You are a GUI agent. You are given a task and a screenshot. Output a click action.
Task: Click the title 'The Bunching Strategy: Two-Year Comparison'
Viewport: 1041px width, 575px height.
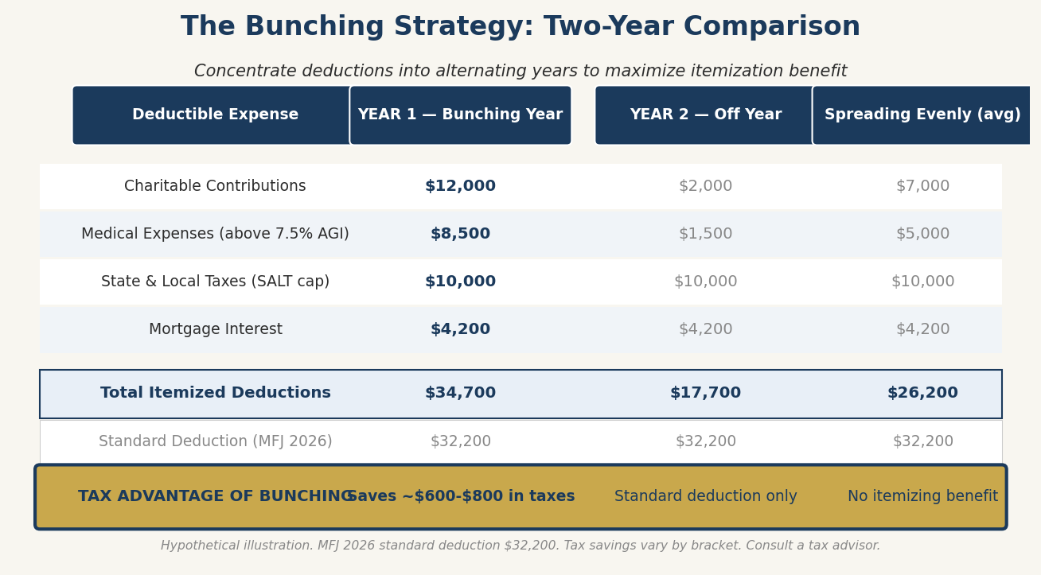click(520, 27)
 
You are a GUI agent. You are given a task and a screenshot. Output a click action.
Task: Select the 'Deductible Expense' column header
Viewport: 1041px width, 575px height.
click(215, 115)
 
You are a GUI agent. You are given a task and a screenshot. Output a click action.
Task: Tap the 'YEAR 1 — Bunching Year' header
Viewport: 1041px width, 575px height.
click(460, 115)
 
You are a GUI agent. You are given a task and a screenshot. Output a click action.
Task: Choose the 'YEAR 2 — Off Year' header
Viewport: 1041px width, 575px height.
click(705, 115)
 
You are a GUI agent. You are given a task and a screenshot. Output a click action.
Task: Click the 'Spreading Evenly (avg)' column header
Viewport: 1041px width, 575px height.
click(922, 115)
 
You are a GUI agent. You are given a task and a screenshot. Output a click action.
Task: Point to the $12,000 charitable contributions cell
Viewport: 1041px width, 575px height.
click(460, 186)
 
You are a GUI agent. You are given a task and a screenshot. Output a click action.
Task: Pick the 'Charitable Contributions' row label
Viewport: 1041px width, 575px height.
click(215, 186)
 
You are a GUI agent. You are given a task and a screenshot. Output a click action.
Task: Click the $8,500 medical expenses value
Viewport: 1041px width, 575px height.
click(460, 234)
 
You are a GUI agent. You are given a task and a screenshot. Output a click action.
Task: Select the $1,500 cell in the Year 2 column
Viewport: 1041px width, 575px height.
click(705, 234)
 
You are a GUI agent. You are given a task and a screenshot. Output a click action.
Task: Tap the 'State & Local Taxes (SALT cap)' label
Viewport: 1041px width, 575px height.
click(215, 282)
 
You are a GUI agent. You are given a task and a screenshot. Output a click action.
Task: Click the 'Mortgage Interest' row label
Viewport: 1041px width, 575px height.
click(215, 329)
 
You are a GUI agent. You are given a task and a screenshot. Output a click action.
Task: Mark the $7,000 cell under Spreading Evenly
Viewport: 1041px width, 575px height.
click(922, 186)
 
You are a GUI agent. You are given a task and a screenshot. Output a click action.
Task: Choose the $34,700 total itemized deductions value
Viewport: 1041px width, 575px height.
click(460, 393)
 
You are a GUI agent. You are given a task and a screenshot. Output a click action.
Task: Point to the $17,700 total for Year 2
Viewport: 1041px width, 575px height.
click(705, 393)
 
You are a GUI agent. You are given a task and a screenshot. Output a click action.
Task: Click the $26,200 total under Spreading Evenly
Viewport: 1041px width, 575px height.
click(922, 393)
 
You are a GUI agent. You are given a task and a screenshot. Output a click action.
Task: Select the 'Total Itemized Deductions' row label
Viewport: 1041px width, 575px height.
click(215, 393)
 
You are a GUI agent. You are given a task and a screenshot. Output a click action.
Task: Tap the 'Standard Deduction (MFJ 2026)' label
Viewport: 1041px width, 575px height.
click(215, 441)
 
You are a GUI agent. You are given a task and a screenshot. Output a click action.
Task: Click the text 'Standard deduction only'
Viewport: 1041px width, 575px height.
click(705, 496)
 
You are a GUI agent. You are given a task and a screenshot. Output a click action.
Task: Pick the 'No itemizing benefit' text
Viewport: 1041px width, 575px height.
click(922, 496)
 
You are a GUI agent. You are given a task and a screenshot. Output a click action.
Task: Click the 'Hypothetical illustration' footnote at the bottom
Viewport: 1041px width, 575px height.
click(520, 546)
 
